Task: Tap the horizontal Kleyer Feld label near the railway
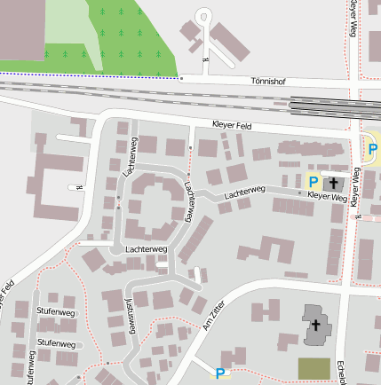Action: pyautogui.click(x=232, y=126)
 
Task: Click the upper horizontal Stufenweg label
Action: pyautogui.click(x=55, y=312)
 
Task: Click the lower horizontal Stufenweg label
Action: pyautogui.click(x=55, y=342)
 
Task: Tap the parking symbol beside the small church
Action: pyautogui.click(x=313, y=181)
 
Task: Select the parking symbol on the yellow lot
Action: pyautogui.click(x=371, y=148)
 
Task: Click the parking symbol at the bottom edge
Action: pyautogui.click(x=220, y=374)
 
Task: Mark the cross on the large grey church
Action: pyautogui.click(x=314, y=326)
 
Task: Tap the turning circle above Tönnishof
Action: pyautogui.click(x=205, y=15)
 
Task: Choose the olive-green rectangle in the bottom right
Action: pyautogui.click(x=312, y=368)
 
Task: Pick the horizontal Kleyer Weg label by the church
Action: pyautogui.click(x=327, y=196)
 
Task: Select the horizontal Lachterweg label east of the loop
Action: pyautogui.click(x=245, y=191)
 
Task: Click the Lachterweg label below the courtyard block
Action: pyautogui.click(x=146, y=249)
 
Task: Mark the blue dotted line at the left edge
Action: pyautogui.click(x=53, y=75)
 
